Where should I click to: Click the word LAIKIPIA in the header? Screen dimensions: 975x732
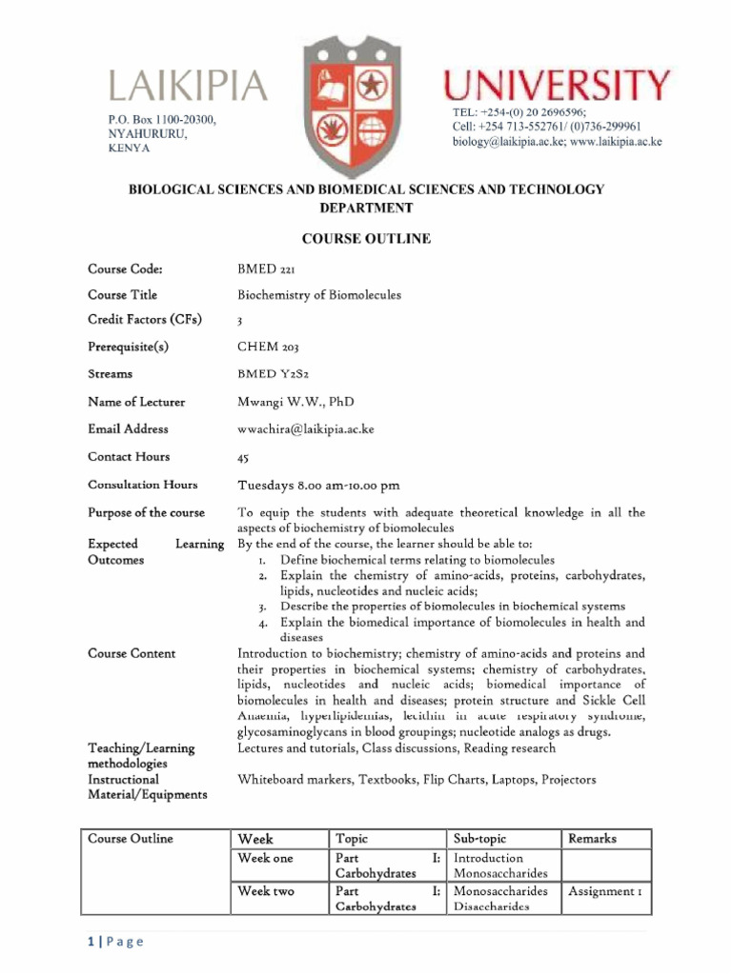coord(188,87)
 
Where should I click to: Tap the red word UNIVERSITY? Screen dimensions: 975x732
coord(557,87)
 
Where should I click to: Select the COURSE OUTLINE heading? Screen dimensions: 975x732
coord(366,239)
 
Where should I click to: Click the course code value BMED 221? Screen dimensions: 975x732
coord(266,269)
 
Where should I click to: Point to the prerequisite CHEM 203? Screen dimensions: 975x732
coord(268,348)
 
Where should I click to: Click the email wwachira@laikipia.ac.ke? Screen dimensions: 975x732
coord(305,429)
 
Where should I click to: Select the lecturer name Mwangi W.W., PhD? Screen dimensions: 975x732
coord(295,402)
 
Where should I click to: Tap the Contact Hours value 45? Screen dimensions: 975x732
coord(243,458)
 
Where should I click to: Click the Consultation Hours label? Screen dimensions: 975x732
coord(143,485)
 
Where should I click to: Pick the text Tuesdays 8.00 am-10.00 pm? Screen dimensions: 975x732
coord(318,486)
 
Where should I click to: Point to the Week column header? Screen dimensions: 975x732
coord(254,839)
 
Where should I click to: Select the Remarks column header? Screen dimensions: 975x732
coord(592,839)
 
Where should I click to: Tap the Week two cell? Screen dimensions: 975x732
coord(266,891)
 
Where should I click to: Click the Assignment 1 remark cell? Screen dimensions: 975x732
coord(605,891)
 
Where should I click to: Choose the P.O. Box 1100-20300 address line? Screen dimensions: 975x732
coord(162,120)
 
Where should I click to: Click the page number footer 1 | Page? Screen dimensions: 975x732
coord(114,942)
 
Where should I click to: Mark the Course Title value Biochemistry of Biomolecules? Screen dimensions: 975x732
coord(318,295)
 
